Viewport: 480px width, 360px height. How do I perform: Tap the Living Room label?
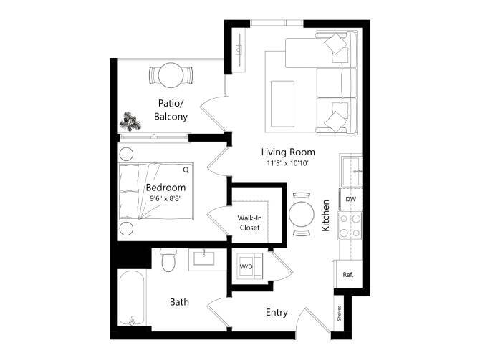tap(288, 152)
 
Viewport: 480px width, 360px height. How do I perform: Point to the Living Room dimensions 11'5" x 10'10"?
tap(288, 164)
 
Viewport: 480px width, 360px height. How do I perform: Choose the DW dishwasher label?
tap(351, 198)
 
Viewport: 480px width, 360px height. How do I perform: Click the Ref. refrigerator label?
tap(347, 274)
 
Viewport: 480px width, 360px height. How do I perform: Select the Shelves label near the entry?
tap(337, 313)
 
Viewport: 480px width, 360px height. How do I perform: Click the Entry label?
tap(277, 312)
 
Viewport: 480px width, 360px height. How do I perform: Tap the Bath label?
tap(179, 302)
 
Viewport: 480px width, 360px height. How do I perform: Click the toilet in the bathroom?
tap(169, 261)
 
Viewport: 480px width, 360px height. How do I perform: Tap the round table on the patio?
tap(171, 74)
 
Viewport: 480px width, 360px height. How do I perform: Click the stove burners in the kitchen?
tap(350, 226)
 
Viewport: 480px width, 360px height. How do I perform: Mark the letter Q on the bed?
tap(185, 170)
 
